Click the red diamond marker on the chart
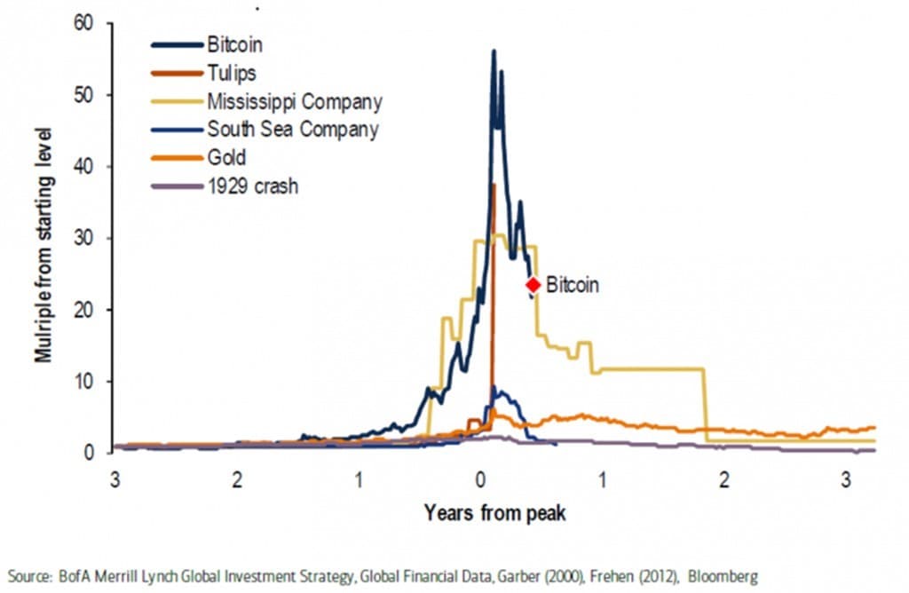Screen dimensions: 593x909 click(533, 285)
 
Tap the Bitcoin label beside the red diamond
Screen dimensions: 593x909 click(573, 286)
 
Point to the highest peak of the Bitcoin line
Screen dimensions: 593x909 click(494, 51)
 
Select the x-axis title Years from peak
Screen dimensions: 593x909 click(494, 512)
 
